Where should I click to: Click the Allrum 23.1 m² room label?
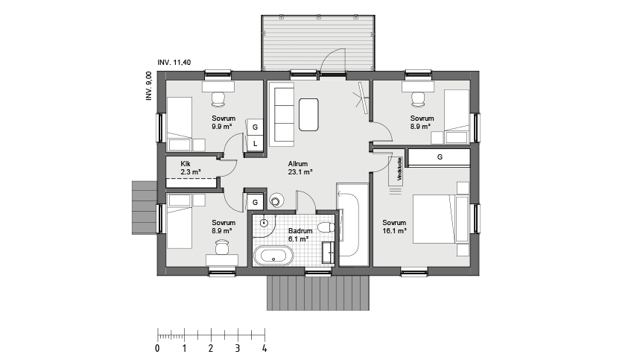300,168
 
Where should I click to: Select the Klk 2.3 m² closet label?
191,168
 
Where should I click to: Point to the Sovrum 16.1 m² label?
394,227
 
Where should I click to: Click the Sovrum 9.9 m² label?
224,122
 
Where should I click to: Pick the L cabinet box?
255,143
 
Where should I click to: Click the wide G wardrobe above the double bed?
439,157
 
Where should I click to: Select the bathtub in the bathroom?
273,256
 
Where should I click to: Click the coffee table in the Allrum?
308,115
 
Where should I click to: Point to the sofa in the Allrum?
281,115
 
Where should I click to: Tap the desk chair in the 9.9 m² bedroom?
218,99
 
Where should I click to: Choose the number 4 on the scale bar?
264,348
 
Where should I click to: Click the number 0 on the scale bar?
158,348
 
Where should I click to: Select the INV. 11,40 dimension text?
174,63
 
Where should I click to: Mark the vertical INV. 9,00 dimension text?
149,86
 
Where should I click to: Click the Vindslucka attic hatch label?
399,169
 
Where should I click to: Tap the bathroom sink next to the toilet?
329,253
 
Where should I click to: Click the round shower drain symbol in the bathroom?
264,223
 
